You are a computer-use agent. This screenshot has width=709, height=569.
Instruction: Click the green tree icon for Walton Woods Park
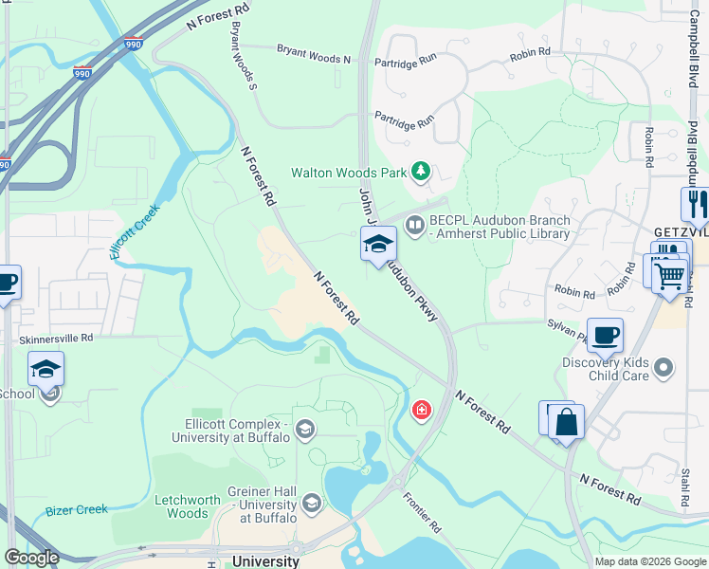tap(421, 172)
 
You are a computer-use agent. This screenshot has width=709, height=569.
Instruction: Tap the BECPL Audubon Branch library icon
tap(414, 226)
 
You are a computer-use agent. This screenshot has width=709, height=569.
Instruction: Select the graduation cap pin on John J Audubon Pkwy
tap(377, 244)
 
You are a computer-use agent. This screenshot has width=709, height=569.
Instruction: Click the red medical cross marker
tap(421, 411)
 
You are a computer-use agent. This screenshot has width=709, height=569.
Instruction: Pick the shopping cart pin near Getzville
tap(671, 276)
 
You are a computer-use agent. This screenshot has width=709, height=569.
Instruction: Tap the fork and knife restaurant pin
tap(695, 204)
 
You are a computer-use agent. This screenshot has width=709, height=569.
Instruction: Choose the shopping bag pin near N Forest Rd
tap(566, 422)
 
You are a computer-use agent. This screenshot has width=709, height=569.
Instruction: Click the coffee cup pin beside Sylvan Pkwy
tap(605, 335)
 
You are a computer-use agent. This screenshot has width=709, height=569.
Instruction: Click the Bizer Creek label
tap(77, 510)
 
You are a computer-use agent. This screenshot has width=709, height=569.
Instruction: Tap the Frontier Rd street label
tap(422, 512)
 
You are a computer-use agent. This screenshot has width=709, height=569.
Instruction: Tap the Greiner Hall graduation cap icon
tap(312, 501)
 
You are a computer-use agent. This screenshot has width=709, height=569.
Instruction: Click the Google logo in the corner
tap(32, 558)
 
